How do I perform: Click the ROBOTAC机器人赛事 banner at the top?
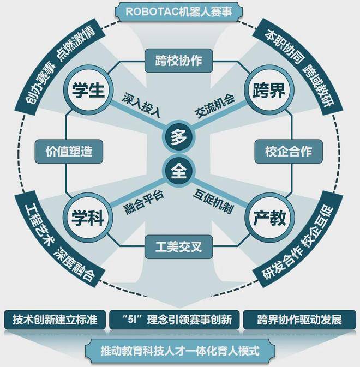click(x=179, y=11)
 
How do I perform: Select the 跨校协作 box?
click(x=179, y=61)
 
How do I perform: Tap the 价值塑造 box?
click(x=69, y=152)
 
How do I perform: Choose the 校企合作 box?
click(x=289, y=152)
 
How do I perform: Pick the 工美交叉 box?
click(x=179, y=247)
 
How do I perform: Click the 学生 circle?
click(x=88, y=90)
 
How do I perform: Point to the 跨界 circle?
click(x=269, y=90)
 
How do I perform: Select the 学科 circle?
click(x=88, y=218)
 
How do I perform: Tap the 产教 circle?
click(x=269, y=218)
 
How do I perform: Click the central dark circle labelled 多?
click(x=179, y=137)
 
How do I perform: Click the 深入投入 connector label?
click(x=142, y=105)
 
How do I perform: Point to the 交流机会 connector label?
click(x=215, y=105)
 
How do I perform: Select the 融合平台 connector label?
click(x=143, y=202)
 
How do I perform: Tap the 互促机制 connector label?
click(x=213, y=201)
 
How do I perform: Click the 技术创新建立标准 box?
click(x=55, y=320)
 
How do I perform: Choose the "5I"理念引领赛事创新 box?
click(x=175, y=320)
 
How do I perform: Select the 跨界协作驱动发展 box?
click(x=299, y=320)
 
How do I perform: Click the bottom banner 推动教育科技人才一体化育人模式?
click(x=180, y=351)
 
